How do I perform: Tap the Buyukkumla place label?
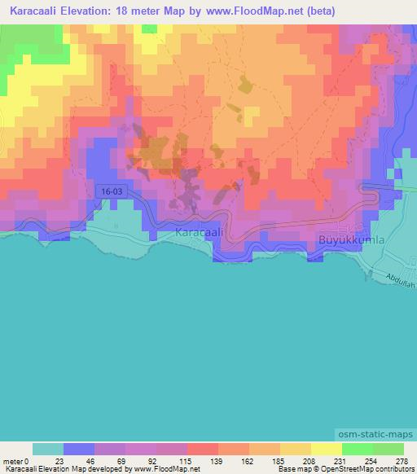(349, 240)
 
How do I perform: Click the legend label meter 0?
(18, 461)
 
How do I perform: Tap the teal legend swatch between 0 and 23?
(48, 449)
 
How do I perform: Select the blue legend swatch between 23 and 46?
(79, 449)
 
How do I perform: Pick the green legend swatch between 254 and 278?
(388, 449)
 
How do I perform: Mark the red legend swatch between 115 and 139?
(203, 449)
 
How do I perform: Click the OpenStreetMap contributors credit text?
(358, 470)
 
